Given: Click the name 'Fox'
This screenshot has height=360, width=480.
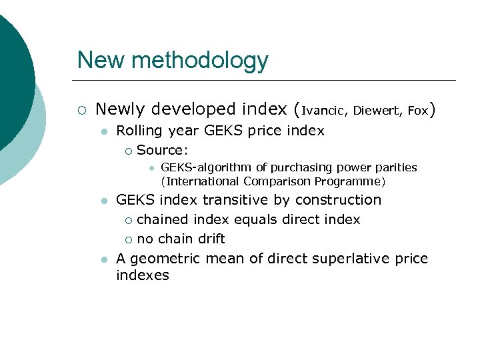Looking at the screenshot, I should click(417, 110).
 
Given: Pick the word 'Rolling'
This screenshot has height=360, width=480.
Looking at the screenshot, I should click(138, 131).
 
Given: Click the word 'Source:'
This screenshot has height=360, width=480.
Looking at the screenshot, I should click(162, 150).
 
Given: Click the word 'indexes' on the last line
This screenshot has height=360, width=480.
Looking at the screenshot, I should click(142, 275).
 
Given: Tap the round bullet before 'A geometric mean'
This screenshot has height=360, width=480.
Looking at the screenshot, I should click(103, 259).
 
